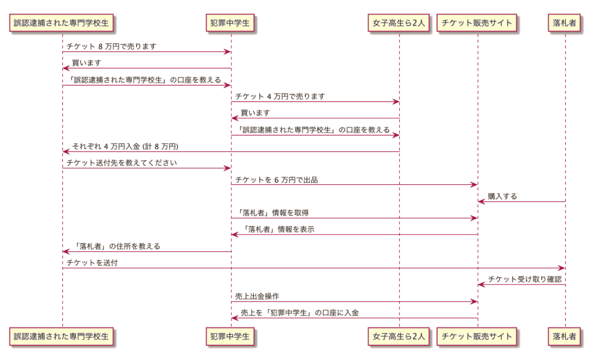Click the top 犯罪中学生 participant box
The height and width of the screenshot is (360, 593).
(x=230, y=23)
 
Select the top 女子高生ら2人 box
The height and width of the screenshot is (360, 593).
(x=398, y=23)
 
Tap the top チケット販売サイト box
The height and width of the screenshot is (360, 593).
(x=476, y=23)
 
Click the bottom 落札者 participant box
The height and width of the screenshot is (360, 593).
(x=564, y=336)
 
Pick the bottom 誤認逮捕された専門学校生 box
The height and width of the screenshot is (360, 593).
(x=61, y=336)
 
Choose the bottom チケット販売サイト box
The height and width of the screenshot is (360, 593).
(x=476, y=336)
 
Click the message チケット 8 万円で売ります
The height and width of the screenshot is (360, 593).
(x=111, y=47)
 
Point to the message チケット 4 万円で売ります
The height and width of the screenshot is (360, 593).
(x=280, y=96)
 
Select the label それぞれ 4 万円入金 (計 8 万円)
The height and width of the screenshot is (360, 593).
(x=125, y=146)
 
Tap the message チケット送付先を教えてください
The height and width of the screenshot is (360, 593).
(x=122, y=163)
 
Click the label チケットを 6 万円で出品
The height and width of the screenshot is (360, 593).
(x=276, y=180)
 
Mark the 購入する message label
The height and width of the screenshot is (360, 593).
(x=502, y=196)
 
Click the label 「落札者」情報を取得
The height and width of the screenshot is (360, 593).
(x=272, y=213)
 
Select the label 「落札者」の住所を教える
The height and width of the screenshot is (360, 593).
(x=117, y=246)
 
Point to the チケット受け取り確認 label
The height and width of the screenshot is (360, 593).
(x=525, y=279)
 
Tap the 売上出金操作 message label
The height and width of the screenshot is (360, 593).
(x=257, y=296)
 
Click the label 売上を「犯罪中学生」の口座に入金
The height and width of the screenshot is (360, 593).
(x=299, y=312)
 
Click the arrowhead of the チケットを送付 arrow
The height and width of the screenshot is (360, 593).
(x=562, y=268)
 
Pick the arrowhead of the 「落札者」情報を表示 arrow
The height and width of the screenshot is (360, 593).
(x=235, y=234)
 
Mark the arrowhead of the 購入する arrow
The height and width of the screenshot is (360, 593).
(x=481, y=202)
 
